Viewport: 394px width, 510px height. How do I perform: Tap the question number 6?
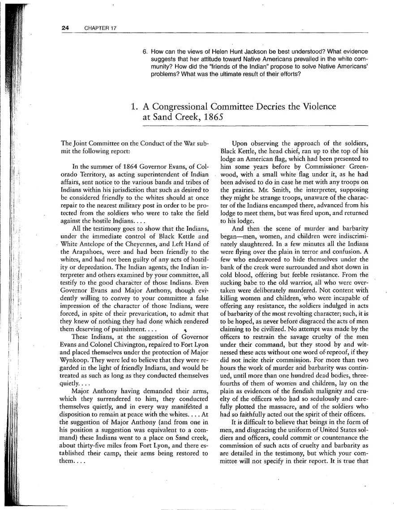(x=145, y=51)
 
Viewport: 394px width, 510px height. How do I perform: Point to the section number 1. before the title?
(x=134, y=107)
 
